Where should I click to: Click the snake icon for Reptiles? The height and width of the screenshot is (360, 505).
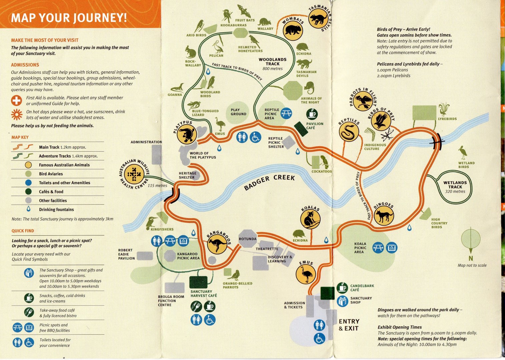[x=349, y=132]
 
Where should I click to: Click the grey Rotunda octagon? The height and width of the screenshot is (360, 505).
[x=247, y=239]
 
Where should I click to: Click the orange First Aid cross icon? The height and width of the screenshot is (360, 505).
[x=16, y=100]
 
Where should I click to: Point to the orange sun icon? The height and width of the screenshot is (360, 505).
[x=17, y=114]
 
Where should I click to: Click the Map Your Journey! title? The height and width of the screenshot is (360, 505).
[x=69, y=17]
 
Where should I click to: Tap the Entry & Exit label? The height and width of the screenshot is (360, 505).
[x=349, y=325]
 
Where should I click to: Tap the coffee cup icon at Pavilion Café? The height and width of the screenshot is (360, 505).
[x=312, y=114]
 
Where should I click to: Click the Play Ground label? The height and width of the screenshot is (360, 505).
[x=238, y=112]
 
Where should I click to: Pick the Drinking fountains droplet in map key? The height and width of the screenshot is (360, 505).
[x=28, y=209]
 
